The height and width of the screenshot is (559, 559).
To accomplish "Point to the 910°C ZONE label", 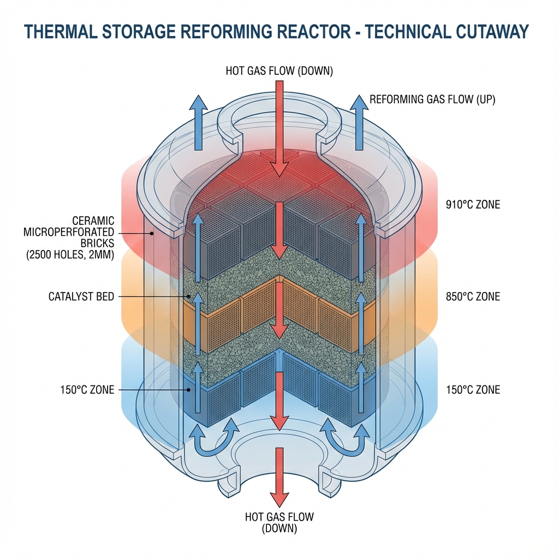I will click(472, 206).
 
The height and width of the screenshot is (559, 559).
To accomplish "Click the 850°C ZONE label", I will click(472, 298).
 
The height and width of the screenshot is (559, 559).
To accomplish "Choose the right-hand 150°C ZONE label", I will click(472, 390).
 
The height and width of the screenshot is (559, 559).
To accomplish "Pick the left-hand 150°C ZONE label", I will click(88, 390).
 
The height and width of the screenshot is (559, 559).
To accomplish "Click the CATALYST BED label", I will click(82, 296).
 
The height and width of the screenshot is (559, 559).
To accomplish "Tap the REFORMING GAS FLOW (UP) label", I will click(432, 100).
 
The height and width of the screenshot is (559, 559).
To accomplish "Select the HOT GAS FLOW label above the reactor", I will click(279, 70).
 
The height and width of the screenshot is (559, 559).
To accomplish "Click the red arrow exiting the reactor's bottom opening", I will click(279, 475).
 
